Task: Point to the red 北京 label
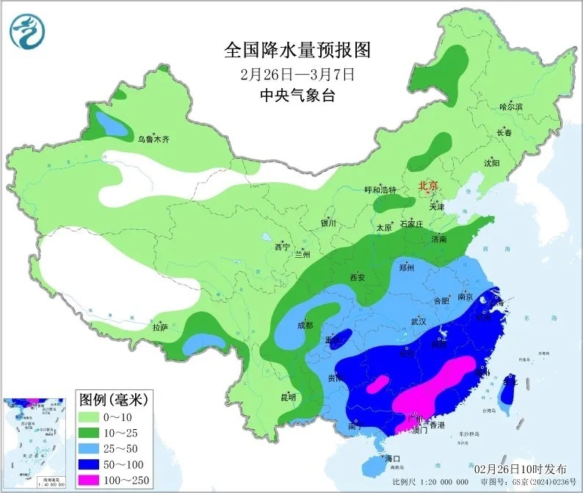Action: (x=428, y=186)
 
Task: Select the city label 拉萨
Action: (x=161, y=326)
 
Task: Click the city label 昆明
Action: (x=288, y=397)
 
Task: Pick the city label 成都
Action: (x=305, y=325)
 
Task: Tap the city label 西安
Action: (x=358, y=277)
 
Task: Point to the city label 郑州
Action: (x=407, y=268)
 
